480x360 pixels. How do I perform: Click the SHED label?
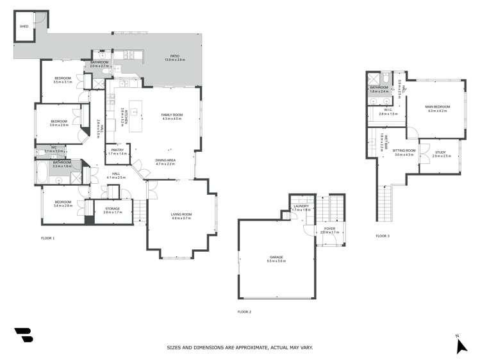pyautogui.click(x=24, y=27)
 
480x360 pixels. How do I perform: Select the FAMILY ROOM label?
pyautogui.click(x=172, y=115)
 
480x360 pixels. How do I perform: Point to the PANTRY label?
pyautogui.click(x=117, y=151)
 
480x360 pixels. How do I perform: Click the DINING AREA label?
pyautogui.click(x=165, y=160)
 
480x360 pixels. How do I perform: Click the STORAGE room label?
pyautogui.click(x=113, y=208)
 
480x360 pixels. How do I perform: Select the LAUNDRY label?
pyautogui.click(x=301, y=206)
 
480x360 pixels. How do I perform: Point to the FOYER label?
pyautogui.click(x=329, y=228)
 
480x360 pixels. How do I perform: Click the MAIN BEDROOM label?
pyautogui.click(x=438, y=106)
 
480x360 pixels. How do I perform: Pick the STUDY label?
pyautogui.click(x=440, y=152)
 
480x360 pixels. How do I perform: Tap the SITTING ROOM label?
pyautogui.click(x=404, y=151)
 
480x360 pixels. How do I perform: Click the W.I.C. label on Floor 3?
pyautogui.click(x=388, y=110)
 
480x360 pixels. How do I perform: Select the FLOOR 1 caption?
pyautogui.click(x=47, y=238)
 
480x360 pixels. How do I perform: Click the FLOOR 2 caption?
pyautogui.click(x=244, y=311)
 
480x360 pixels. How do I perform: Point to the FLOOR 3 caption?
pyautogui.click(x=383, y=236)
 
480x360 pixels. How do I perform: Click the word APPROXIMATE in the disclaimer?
pyautogui.click(x=252, y=347)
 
